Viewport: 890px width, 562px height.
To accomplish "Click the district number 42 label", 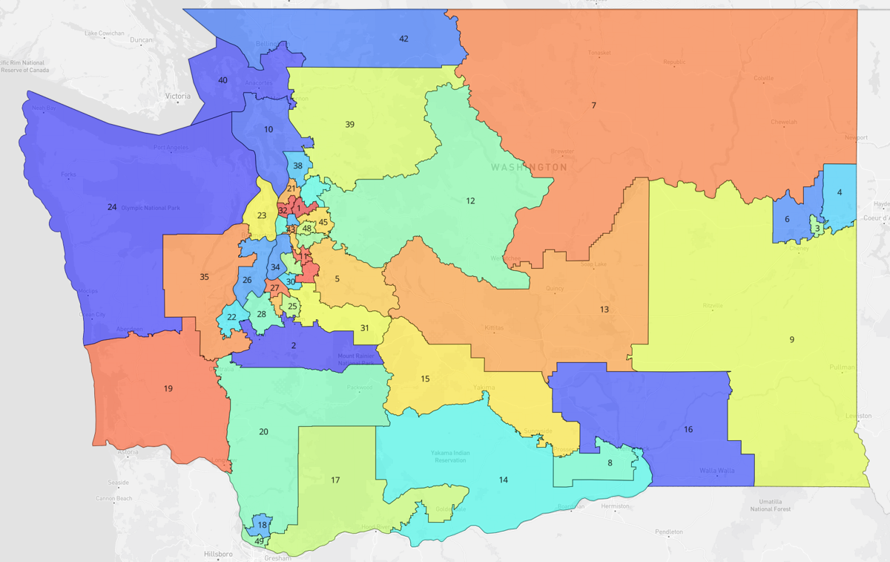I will (x=403, y=39).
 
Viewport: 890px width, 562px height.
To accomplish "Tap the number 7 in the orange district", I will (x=593, y=105).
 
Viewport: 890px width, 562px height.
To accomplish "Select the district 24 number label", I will (x=112, y=207).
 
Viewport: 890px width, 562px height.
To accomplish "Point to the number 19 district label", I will (x=168, y=388).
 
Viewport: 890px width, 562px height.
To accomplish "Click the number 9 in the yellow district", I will (x=791, y=339).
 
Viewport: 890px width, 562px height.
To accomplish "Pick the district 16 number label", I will (x=688, y=429).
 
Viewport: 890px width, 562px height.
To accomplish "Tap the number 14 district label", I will (x=504, y=480).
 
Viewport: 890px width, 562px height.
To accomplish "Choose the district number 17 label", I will (x=335, y=480).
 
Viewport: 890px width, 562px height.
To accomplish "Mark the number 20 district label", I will (x=263, y=431).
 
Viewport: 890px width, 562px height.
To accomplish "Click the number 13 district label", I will (x=604, y=309).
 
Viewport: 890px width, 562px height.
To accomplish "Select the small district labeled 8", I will (x=610, y=463).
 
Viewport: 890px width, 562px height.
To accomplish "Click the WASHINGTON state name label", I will (x=529, y=167).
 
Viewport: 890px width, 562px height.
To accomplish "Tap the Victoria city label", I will (x=178, y=97).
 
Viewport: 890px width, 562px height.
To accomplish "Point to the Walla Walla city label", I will (x=716, y=471).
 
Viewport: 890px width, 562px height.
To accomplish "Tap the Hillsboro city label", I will (x=219, y=554).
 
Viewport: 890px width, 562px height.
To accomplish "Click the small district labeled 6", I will (x=787, y=219).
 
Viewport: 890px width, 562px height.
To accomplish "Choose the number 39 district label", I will (x=349, y=124).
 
